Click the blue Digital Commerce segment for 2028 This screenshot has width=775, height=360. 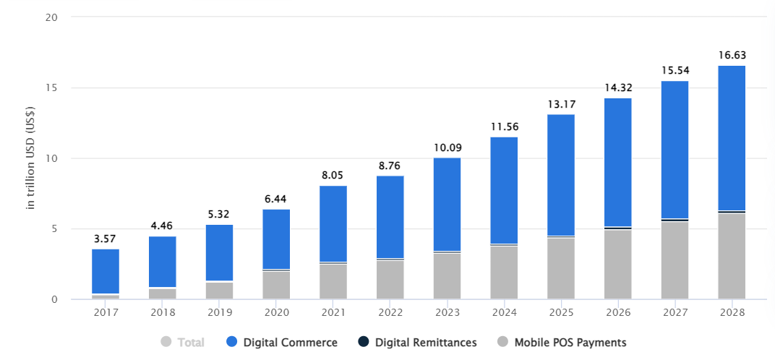[732, 137]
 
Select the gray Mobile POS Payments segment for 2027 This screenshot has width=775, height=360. [675, 260]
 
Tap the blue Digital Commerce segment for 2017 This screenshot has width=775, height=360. [106, 271]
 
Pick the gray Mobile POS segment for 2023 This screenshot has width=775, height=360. [447, 276]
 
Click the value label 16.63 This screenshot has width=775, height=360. [732, 55]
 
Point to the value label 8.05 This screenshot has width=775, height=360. [333, 174]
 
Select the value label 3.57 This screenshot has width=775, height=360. [106, 238]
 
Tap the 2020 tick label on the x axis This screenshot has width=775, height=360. [276, 313]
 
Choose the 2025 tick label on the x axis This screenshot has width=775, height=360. [561, 313]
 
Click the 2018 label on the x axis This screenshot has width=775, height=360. [163, 313]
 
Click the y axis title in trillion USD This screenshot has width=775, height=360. [31, 158]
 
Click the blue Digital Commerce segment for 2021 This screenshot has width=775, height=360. [333, 224]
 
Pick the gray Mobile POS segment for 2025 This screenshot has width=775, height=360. [561, 268]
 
